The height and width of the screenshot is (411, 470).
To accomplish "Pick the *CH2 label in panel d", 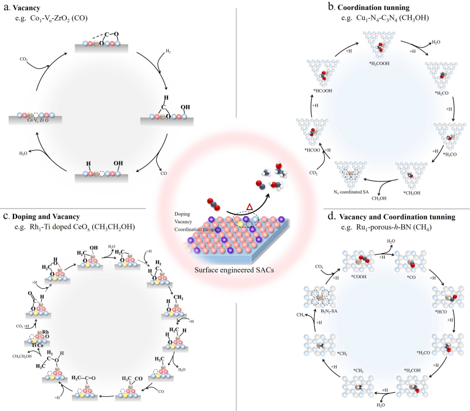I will click(x=360, y=370).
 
